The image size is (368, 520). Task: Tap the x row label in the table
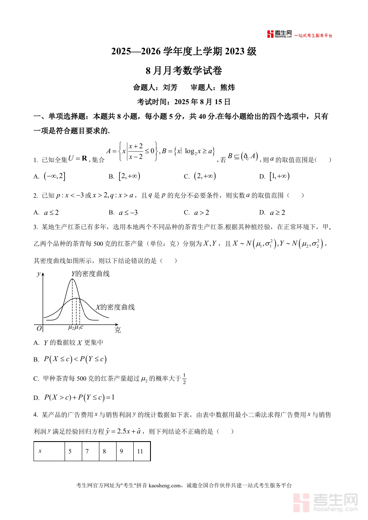[40, 451]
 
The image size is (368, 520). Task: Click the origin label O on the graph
[39, 328]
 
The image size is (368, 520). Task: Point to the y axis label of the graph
[38, 274]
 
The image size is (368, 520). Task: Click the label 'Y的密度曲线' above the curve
[90, 274]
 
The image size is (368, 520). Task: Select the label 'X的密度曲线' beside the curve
[115, 307]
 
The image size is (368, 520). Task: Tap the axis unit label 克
[117, 330]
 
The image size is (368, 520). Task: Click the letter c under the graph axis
[82, 327]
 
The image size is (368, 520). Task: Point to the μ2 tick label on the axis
[71, 327]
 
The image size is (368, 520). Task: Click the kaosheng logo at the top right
[280, 34]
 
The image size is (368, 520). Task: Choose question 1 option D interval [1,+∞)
[279, 176]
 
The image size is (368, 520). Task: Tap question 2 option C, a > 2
[202, 212]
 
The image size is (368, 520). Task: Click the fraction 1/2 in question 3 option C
[184, 379]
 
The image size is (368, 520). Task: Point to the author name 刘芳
[170, 87]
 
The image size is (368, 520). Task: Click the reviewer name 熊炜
[227, 87]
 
